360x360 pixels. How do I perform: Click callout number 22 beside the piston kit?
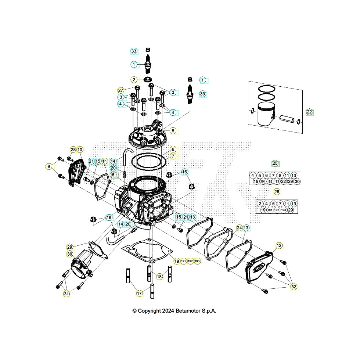click(x=309, y=112)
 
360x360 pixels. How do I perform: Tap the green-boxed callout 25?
click(x=275, y=163)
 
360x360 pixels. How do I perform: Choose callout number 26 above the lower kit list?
click(x=277, y=191)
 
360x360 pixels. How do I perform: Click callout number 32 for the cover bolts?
click(x=294, y=287)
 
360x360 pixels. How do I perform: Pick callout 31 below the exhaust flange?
click(x=66, y=294)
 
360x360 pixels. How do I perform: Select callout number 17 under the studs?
click(x=140, y=294)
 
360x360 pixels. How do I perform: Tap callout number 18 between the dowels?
click(x=159, y=276)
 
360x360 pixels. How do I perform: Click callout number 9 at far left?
click(x=48, y=166)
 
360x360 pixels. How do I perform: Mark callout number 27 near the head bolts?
click(x=120, y=90)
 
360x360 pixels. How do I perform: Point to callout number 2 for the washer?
click(x=134, y=80)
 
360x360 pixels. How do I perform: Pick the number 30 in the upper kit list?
click(x=297, y=181)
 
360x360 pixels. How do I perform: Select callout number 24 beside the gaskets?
click(x=239, y=228)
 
